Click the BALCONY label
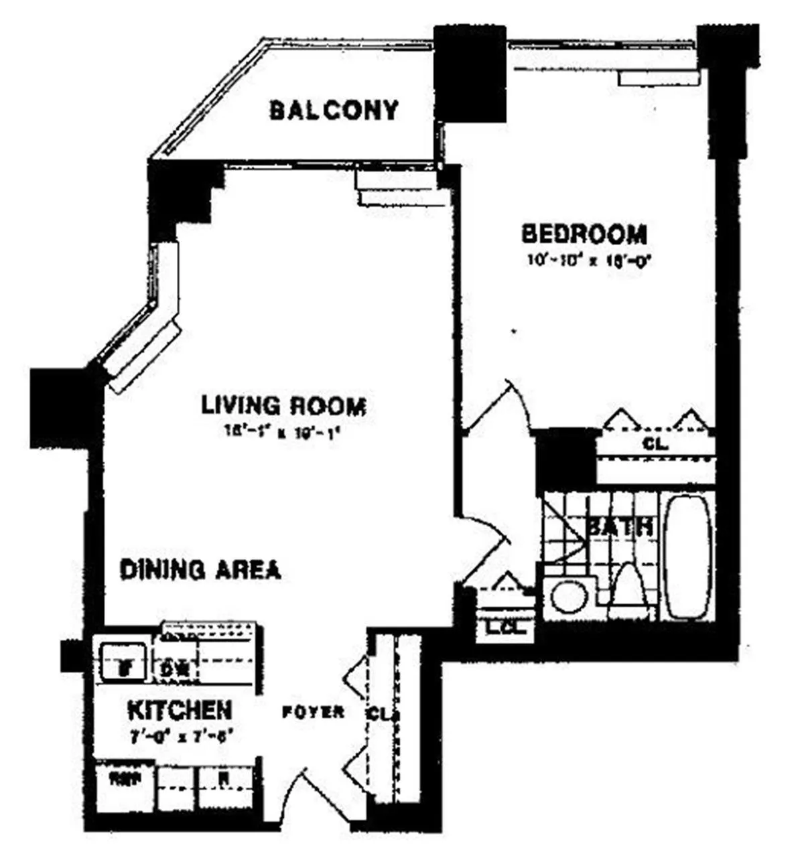tap(334, 110)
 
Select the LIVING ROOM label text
tap(284, 406)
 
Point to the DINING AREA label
tap(200, 569)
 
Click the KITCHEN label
tap(180, 709)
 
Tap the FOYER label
tap(313, 712)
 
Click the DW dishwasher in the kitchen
tap(176, 668)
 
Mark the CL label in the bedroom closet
tap(655, 443)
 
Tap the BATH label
tap(620, 526)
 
